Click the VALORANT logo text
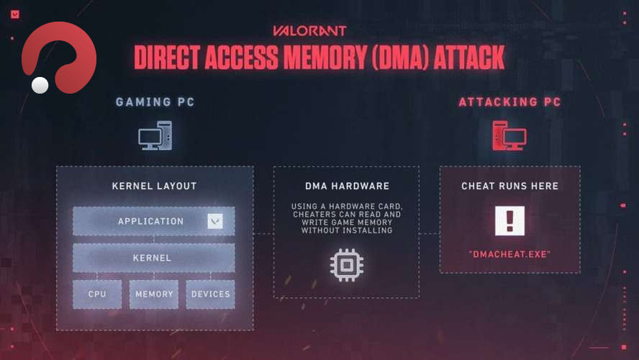[309, 31]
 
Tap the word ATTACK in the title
[468, 58]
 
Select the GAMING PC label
[155, 102]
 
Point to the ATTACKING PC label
[509, 102]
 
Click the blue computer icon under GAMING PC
[155, 135]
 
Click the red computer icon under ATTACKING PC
[509, 135]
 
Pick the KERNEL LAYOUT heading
[154, 186]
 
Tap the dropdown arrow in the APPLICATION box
[214, 221]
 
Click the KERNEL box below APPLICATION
[153, 257]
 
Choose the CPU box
[97, 294]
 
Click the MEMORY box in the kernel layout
[154, 294]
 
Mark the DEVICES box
[210, 294]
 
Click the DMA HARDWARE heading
[346, 186]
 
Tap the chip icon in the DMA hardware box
[346, 265]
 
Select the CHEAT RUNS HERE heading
[509, 186]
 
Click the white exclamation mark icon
[509, 221]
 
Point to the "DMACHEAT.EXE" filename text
[509, 254]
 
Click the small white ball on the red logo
[40, 85]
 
